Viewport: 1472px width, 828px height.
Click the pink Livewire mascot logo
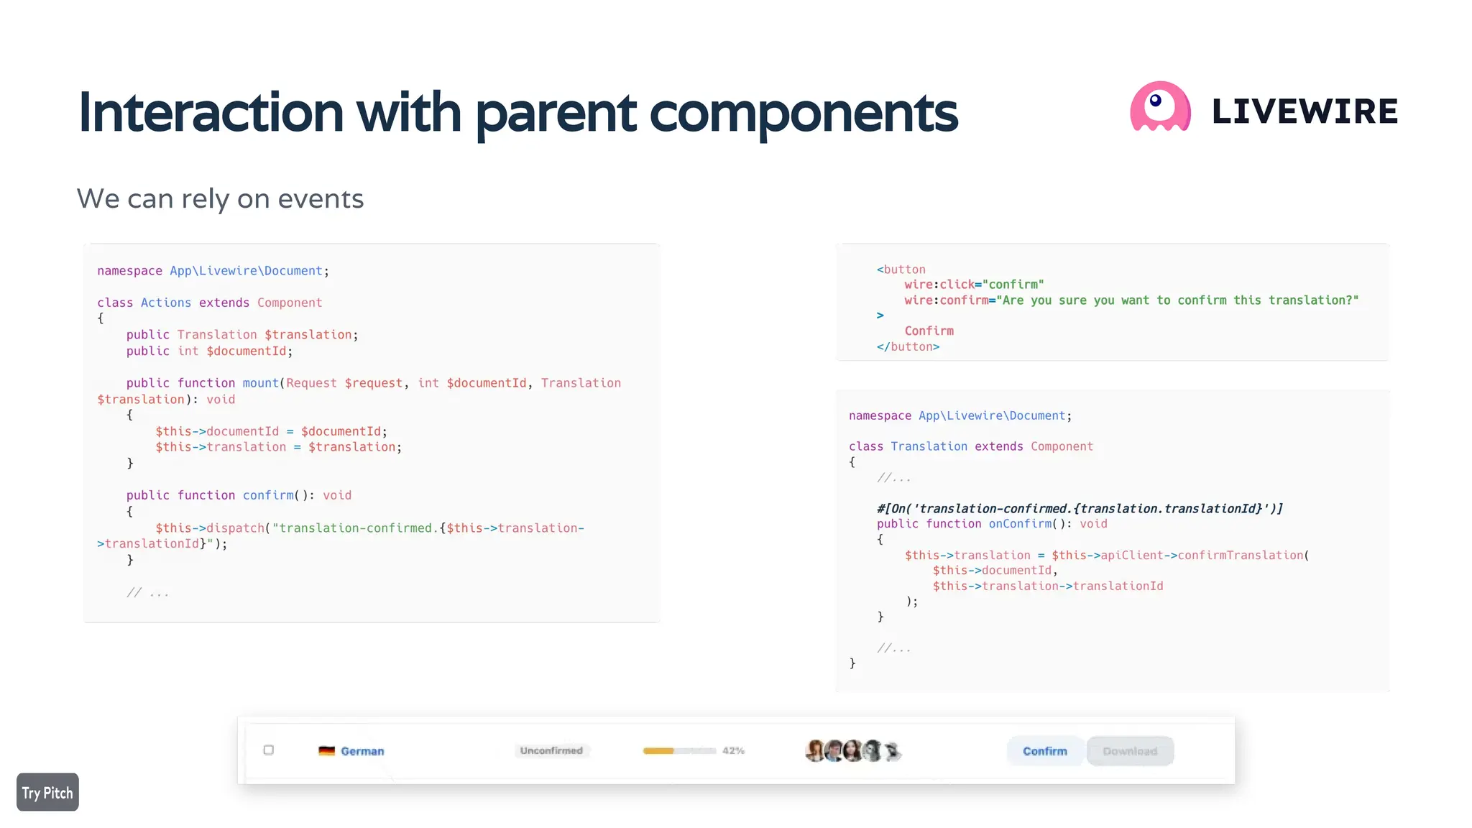(1160, 107)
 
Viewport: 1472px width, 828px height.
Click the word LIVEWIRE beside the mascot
(1305, 111)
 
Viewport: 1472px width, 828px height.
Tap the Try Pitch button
(47, 792)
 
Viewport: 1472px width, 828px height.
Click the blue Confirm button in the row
(1044, 750)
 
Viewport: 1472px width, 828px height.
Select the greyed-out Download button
(1130, 750)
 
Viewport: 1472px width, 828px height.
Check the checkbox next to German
(269, 750)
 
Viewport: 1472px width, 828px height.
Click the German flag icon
(327, 750)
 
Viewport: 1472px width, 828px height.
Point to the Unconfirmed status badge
(551, 750)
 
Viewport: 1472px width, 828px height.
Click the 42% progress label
(733, 750)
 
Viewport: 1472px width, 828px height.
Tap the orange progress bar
(659, 750)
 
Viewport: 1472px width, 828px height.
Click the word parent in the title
(556, 113)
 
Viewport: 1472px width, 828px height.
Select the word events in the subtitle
(321, 199)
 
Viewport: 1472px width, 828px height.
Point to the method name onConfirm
(1020, 524)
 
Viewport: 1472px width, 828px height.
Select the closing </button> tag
(908, 346)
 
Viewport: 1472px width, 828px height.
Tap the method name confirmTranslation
(1240, 555)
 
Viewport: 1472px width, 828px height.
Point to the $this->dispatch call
(210, 528)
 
